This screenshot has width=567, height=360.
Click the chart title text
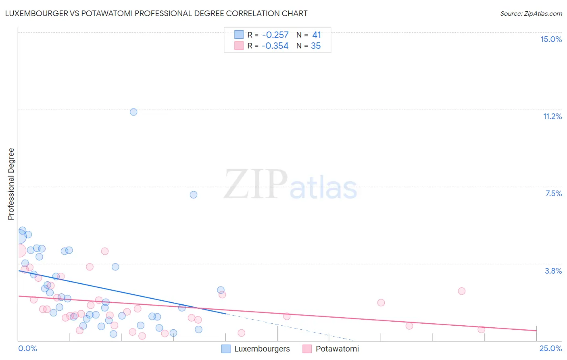pos(156,13)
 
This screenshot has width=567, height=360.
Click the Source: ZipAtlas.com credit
pos(531,13)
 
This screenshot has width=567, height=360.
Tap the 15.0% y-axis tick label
pos(551,39)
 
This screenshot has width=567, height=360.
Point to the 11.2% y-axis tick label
pos(552,116)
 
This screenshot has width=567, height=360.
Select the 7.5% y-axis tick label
pos(553,193)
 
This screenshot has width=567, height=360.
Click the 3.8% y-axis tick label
pos(553,271)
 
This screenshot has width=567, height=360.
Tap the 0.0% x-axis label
pos(27,348)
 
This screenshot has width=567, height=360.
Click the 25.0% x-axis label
pos(550,348)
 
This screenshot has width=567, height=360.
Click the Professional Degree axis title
pos(11,184)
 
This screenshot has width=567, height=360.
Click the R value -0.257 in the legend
pos(275,35)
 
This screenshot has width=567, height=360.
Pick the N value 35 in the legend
pos(316,46)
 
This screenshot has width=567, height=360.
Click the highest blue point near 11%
pos(133,112)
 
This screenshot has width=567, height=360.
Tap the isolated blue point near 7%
pos(194,195)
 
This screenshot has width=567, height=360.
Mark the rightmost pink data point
pos(481,329)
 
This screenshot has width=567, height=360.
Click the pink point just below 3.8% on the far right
pos(462,291)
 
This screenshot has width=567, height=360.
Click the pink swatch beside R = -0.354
pos(239,46)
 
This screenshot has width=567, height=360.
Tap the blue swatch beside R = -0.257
pos(239,35)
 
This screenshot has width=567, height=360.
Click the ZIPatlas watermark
pos(290,185)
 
